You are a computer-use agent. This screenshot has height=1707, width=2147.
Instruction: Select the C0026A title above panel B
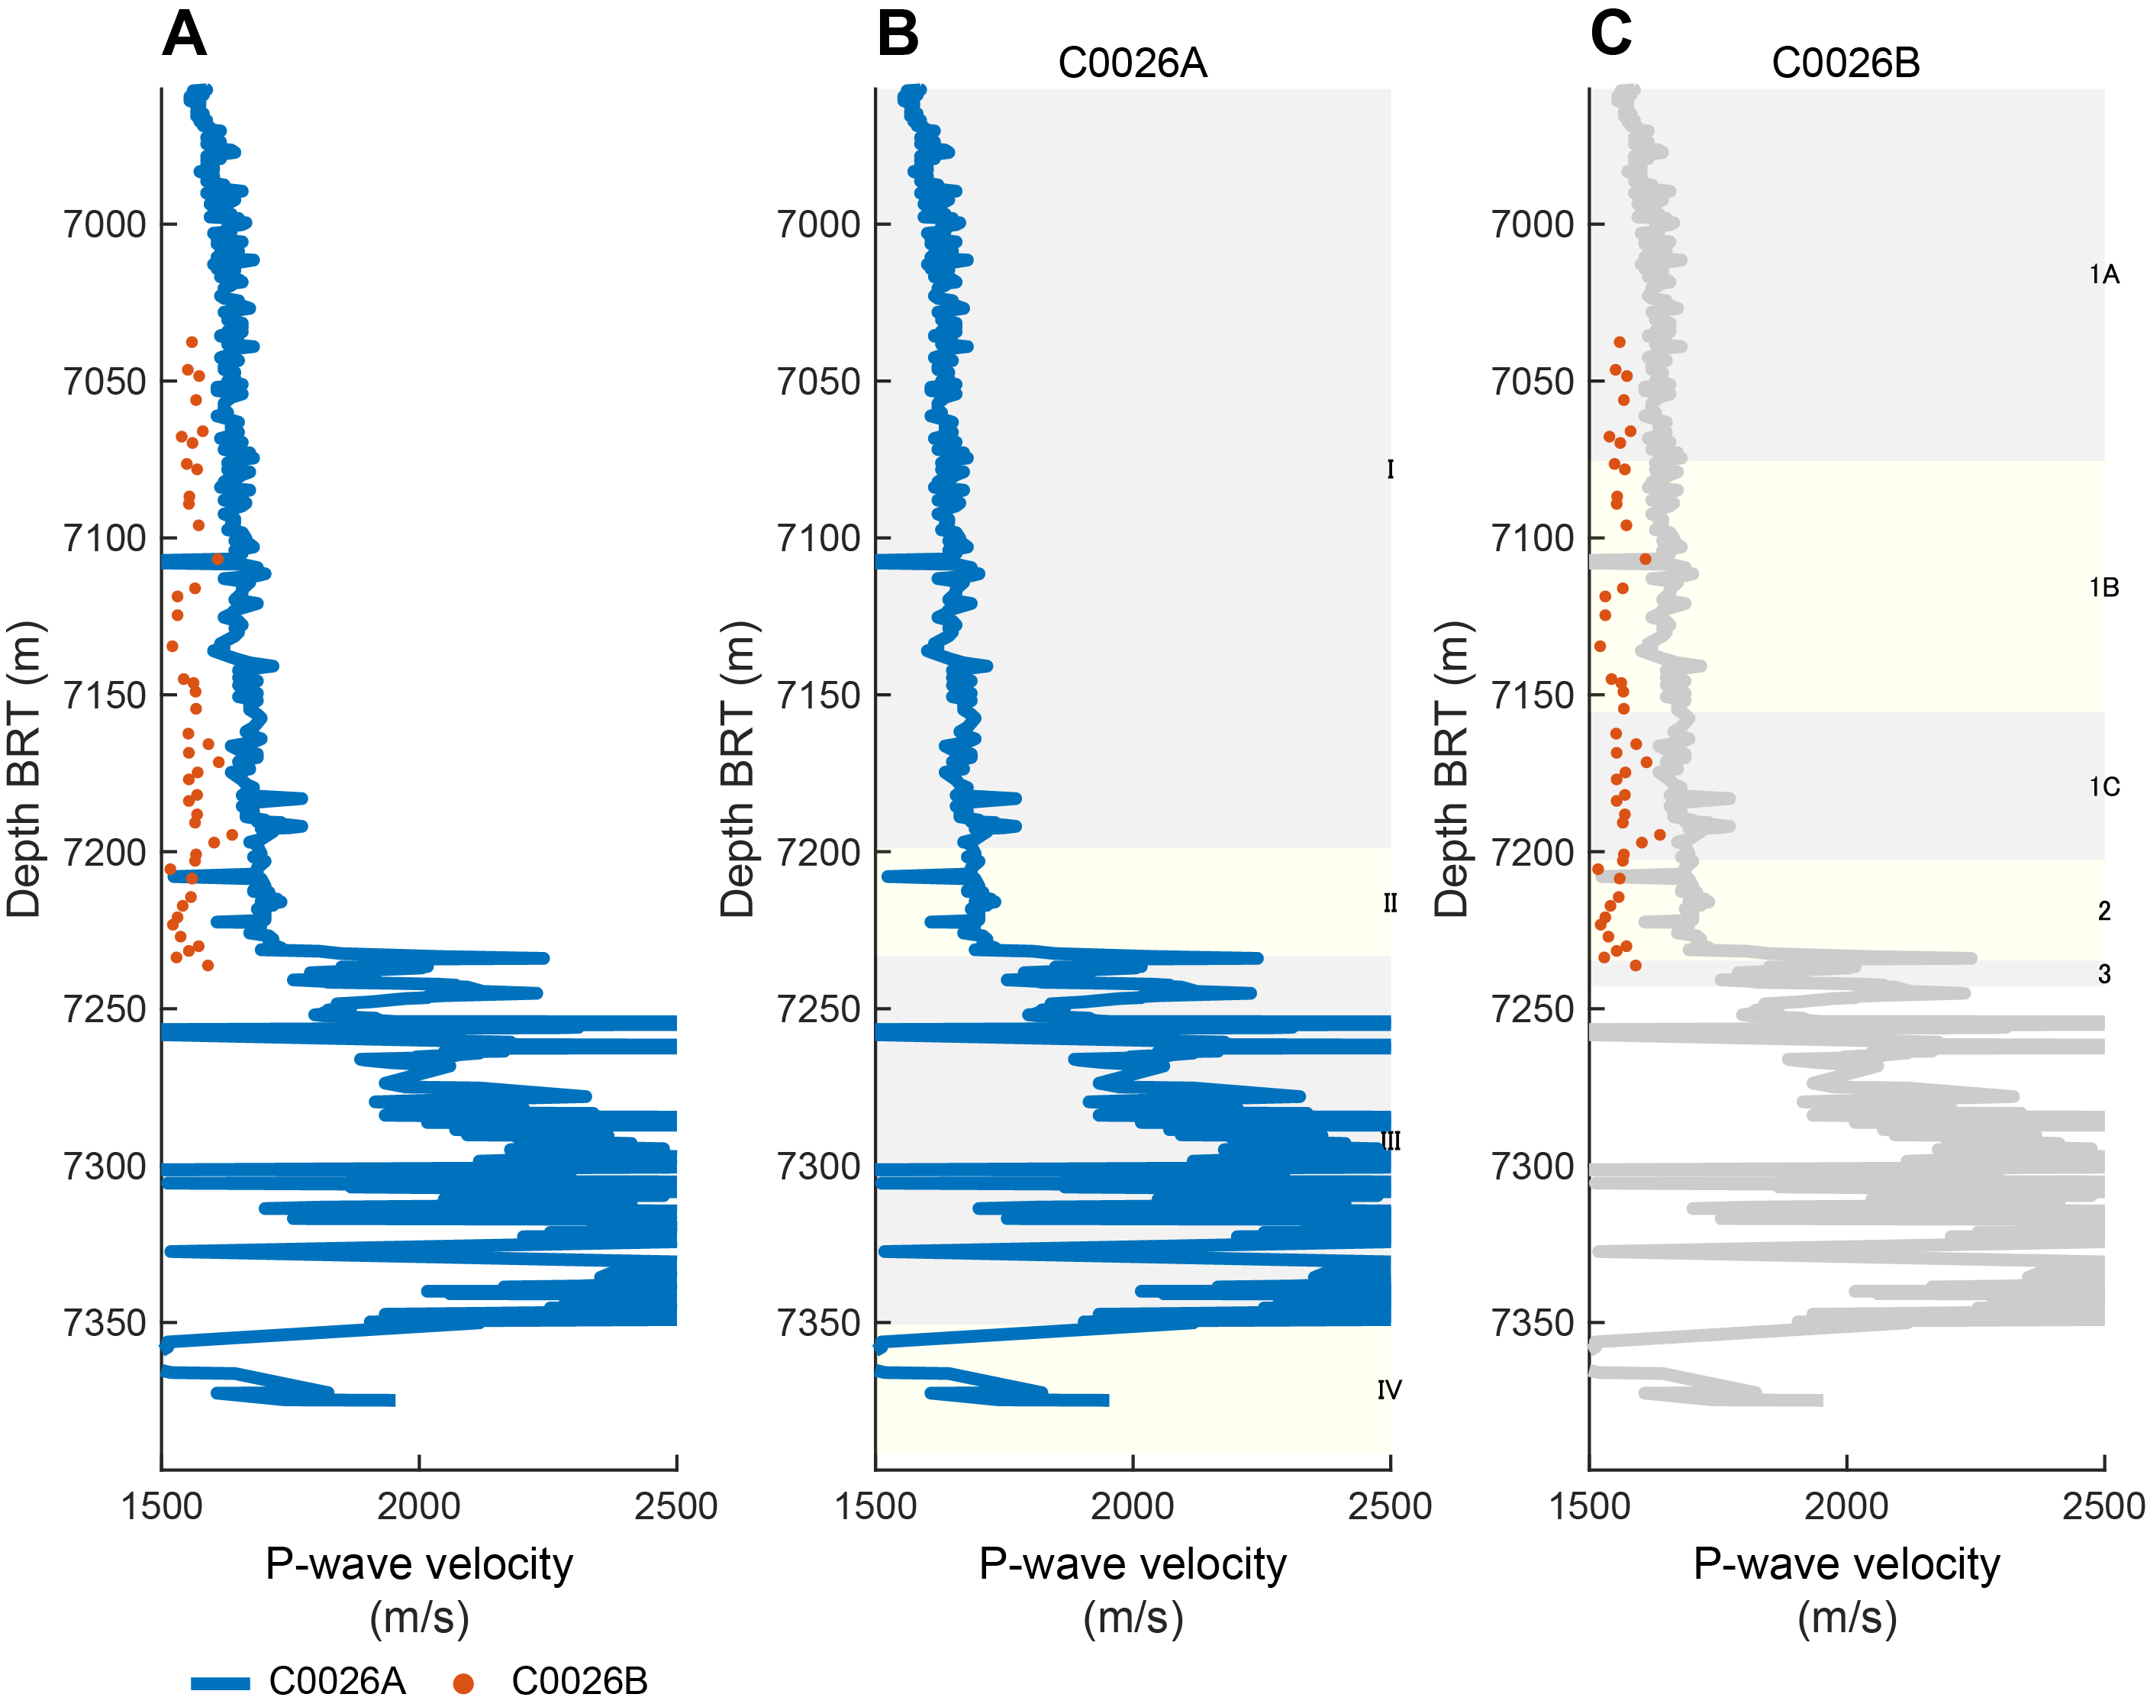tap(1132, 63)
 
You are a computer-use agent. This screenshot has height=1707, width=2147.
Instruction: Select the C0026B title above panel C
tap(1846, 63)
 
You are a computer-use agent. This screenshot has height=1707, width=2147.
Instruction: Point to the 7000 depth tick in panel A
tap(105, 225)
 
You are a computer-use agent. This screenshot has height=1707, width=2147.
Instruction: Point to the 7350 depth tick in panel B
tap(818, 1324)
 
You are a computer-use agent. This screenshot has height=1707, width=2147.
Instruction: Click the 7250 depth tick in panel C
tap(1532, 1010)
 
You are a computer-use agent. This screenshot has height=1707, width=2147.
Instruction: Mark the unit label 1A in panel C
tap(2103, 275)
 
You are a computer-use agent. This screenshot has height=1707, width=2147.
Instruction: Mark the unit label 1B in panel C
tap(2103, 589)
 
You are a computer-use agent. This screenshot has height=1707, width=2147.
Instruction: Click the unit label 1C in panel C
tap(2103, 788)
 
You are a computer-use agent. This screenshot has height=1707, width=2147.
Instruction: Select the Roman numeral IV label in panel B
tap(1389, 1390)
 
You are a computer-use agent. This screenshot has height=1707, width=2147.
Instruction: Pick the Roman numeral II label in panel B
tap(1390, 903)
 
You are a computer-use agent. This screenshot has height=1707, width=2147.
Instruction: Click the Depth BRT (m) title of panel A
tap(24, 769)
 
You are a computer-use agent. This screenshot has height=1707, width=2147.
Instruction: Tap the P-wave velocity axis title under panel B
tap(1132, 1564)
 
